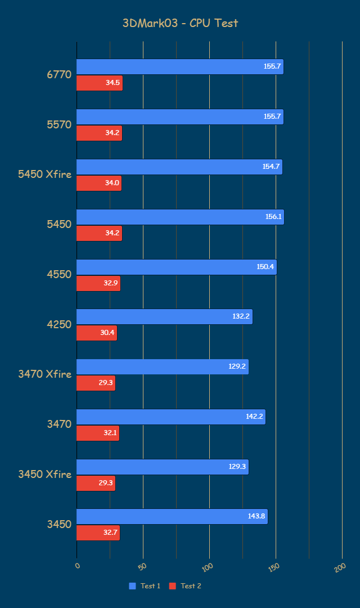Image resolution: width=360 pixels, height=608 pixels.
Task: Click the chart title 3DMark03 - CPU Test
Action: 180,23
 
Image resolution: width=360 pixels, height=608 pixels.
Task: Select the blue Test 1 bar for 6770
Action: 179,66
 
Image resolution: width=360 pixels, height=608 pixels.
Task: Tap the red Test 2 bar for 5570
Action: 99,133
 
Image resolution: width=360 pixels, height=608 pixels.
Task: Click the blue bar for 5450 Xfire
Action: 179,167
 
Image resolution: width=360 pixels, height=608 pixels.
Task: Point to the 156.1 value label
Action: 274,217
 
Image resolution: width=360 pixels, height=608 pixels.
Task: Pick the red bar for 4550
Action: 98,283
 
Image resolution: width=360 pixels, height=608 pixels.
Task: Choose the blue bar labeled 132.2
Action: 164,316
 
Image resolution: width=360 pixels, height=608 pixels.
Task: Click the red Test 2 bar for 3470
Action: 97,433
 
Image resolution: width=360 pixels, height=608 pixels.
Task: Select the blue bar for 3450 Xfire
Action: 162,467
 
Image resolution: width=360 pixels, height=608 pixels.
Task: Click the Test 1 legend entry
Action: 145,586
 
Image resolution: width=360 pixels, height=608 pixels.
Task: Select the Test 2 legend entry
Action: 186,586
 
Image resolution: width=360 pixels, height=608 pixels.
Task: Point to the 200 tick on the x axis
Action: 339,568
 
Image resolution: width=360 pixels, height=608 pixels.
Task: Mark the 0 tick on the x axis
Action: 78,566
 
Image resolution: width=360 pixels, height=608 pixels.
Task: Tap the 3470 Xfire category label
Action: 45,374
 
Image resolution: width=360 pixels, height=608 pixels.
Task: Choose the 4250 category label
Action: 59,324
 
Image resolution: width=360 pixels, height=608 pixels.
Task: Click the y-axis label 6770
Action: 59,74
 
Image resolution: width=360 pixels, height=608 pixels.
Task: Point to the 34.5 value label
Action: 112,83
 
